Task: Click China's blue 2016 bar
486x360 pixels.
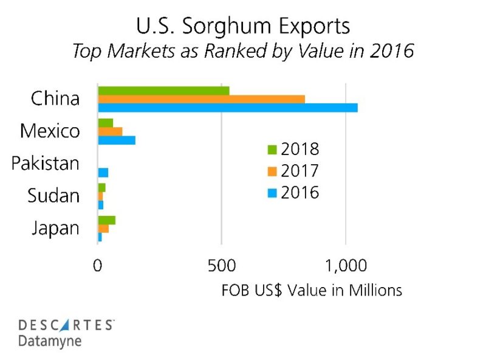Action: click(228, 108)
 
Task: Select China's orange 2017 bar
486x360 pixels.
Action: click(201, 99)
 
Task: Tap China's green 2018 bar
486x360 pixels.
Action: click(163, 91)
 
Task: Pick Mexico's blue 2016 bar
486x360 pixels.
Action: click(117, 140)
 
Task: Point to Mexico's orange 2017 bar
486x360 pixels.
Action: click(110, 131)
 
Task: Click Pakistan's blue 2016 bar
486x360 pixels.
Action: click(103, 173)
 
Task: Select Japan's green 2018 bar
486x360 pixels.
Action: click(106, 220)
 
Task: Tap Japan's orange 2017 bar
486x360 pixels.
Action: click(103, 229)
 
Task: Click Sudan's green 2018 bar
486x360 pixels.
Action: click(101, 187)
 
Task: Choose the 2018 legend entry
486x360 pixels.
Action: click(293, 149)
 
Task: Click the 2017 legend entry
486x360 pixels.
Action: click(293, 171)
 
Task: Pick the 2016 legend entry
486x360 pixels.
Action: click(293, 193)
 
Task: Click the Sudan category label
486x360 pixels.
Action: click(53, 196)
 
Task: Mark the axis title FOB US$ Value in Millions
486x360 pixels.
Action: click(312, 290)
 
